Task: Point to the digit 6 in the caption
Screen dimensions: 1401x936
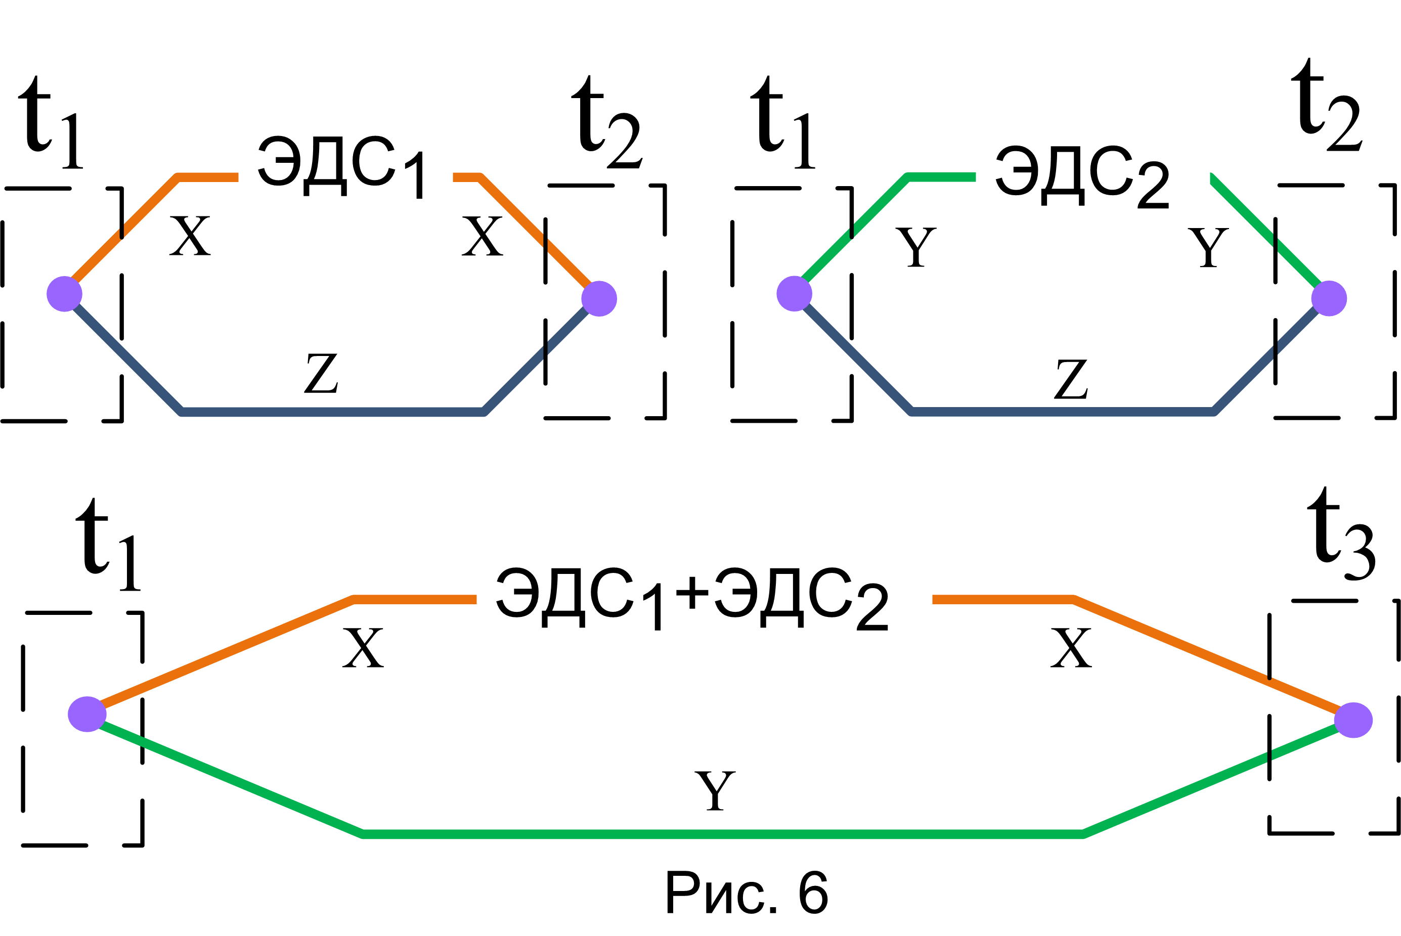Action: coord(813,893)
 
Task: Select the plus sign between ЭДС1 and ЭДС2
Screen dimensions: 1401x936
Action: coord(692,593)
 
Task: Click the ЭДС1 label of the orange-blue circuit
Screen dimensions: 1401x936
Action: coord(341,167)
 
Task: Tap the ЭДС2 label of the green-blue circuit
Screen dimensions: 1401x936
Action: coord(1082,176)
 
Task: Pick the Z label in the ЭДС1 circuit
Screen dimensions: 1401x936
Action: coord(321,373)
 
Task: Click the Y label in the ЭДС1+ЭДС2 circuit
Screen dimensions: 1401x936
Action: coord(715,790)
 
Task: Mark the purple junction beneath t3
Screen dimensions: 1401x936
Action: coord(1353,721)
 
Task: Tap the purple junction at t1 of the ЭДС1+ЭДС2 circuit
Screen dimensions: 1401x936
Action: coord(87,715)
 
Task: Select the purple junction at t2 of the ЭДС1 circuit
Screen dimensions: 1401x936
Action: coord(599,298)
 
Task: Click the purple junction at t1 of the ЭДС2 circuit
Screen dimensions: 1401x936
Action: coord(795,294)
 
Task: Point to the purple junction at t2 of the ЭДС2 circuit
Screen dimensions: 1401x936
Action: coord(1329,298)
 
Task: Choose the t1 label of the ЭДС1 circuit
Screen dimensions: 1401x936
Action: coord(51,122)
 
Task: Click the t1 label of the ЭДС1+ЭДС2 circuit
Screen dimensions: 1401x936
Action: coord(108,545)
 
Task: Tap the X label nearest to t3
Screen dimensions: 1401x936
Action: coord(1071,648)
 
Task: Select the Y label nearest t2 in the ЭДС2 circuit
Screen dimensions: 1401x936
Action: coord(1208,247)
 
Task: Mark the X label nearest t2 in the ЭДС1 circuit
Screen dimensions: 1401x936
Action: coord(483,236)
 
